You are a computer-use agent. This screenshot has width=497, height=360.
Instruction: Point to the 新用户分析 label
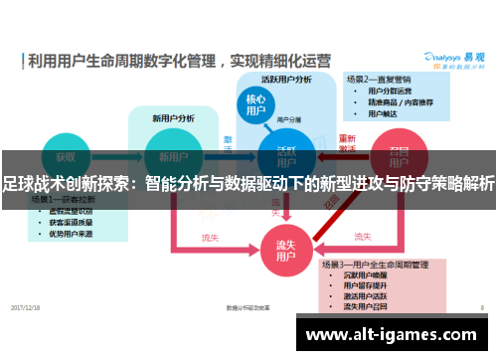170,118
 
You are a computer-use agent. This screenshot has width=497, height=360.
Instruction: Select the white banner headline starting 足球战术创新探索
248,183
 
